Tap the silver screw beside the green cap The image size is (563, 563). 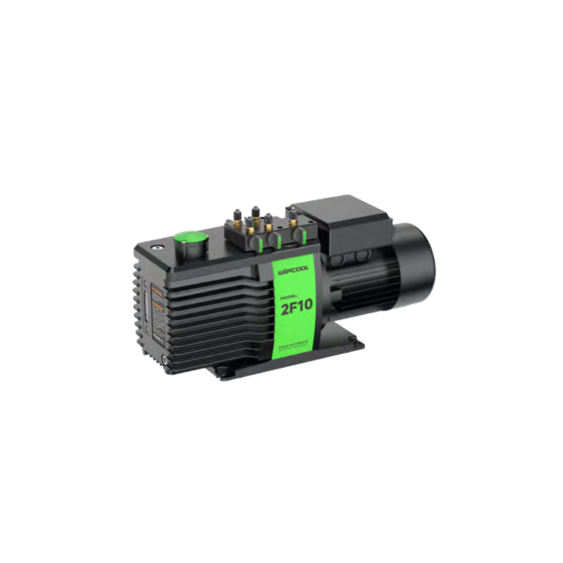click(158, 247)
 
